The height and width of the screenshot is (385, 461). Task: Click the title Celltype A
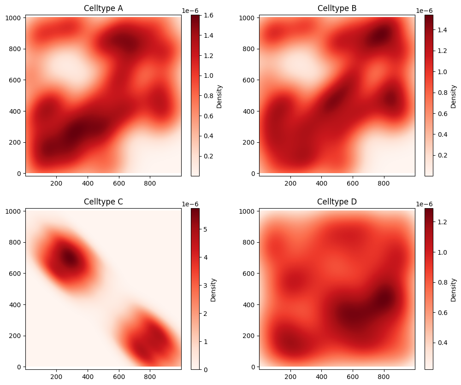click(x=103, y=8)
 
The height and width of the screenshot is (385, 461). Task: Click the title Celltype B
click(x=337, y=8)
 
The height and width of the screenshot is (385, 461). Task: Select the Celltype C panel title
click(x=103, y=202)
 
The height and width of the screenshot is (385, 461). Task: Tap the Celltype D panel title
click(x=337, y=202)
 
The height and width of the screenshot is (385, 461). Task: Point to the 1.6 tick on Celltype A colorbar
click(x=207, y=15)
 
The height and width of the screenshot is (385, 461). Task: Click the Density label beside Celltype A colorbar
click(x=219, y=96)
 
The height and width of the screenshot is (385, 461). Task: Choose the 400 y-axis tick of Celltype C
click(x=16, y=304)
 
